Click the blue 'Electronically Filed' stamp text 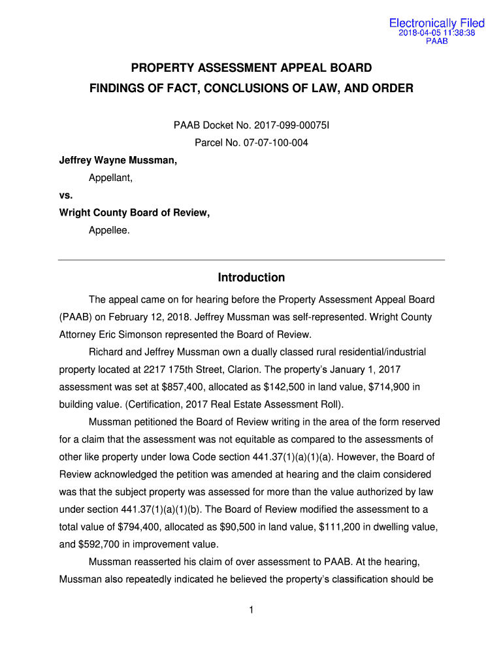pos(437,24)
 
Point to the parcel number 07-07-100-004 pos(274,142)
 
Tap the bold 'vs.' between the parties pos(66,195)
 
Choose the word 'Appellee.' pos(110,231)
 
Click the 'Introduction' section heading pos(252,278)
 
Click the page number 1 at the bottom pos(252,610)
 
